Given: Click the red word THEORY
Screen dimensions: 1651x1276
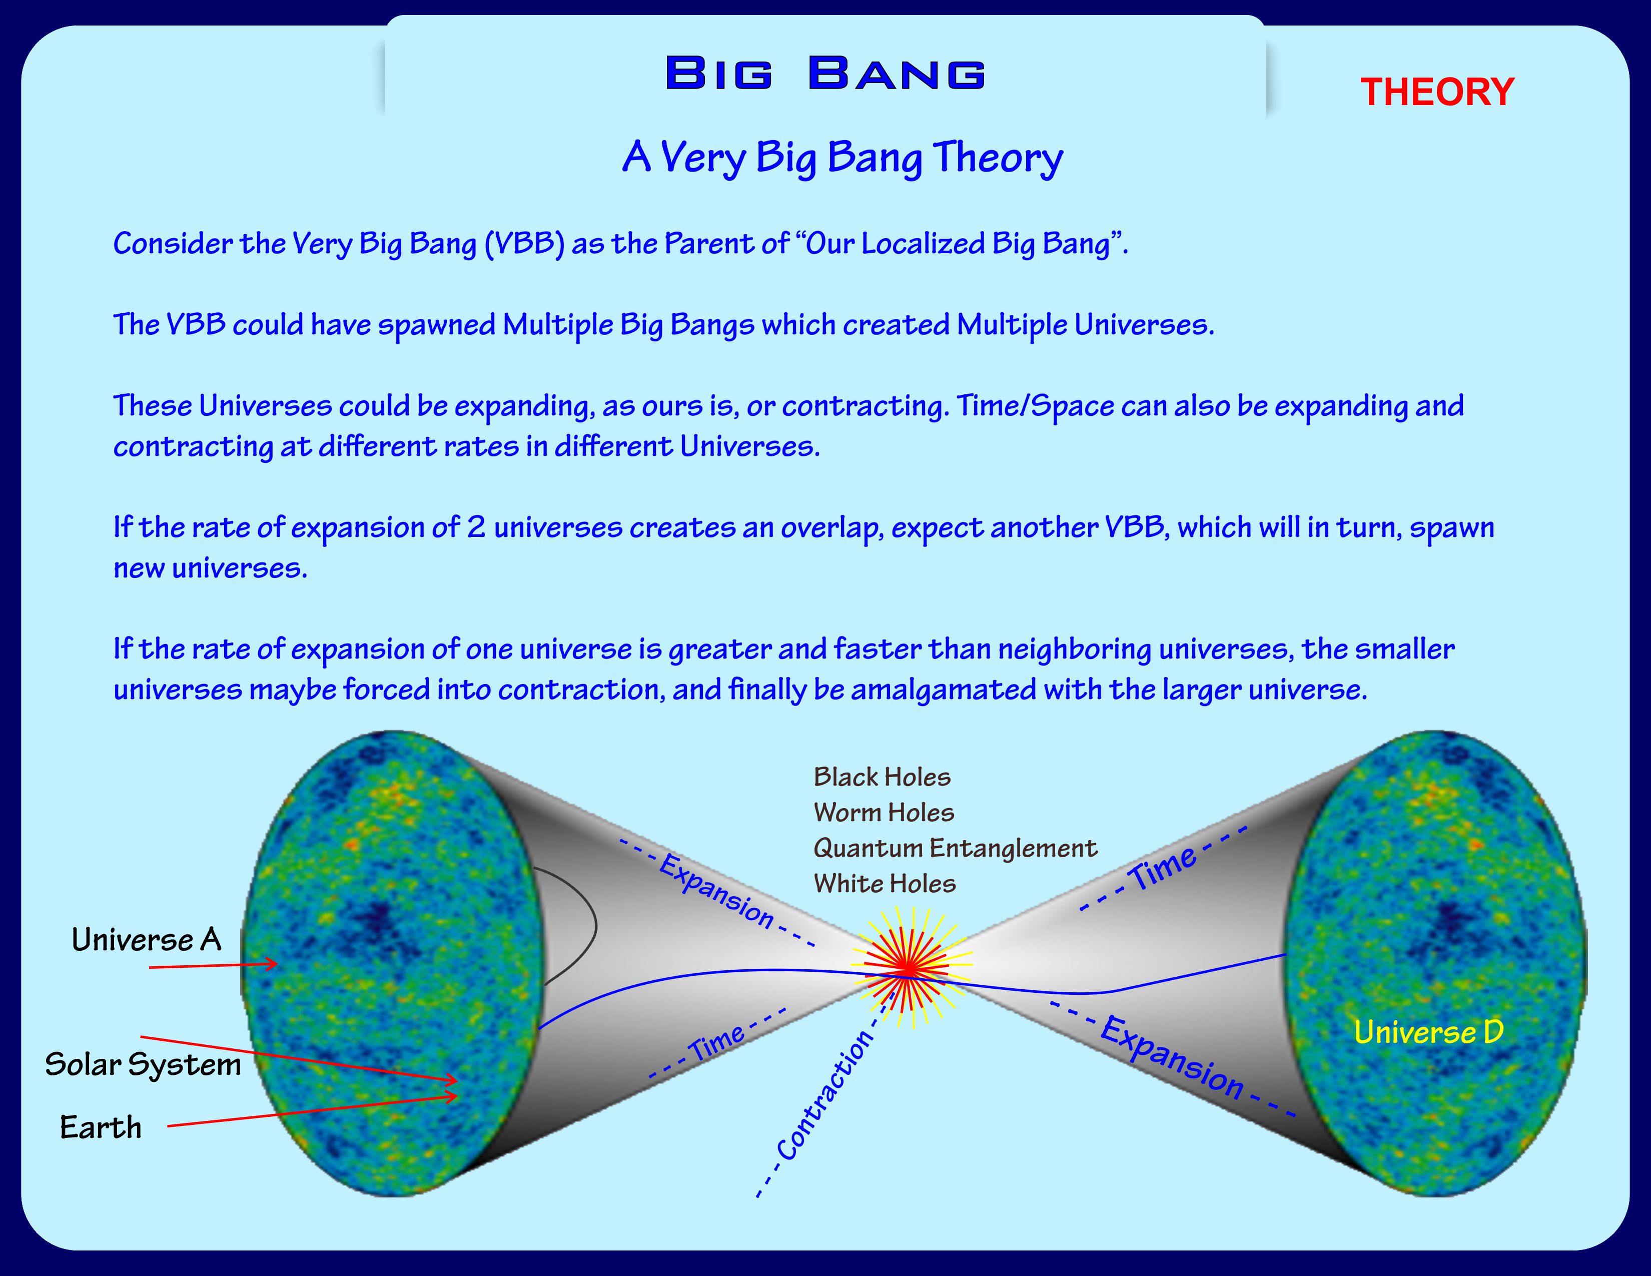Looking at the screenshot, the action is point(1437,92).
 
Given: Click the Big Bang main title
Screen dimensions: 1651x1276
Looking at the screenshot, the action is point(825,74).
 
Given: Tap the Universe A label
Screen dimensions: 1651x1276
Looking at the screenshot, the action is point(147,940).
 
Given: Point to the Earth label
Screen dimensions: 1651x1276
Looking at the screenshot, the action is point(101,1127).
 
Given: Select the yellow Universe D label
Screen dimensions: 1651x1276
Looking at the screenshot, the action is point(1429,1032).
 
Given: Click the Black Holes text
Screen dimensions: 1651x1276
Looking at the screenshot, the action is point(882,777).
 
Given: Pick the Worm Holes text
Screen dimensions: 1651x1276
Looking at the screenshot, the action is point(884,813).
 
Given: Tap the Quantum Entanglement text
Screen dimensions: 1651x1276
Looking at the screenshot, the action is point(955,848).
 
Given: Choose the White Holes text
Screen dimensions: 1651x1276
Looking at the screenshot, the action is point(885,884).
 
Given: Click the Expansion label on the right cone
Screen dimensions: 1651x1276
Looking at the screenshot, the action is point(1172,1057).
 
